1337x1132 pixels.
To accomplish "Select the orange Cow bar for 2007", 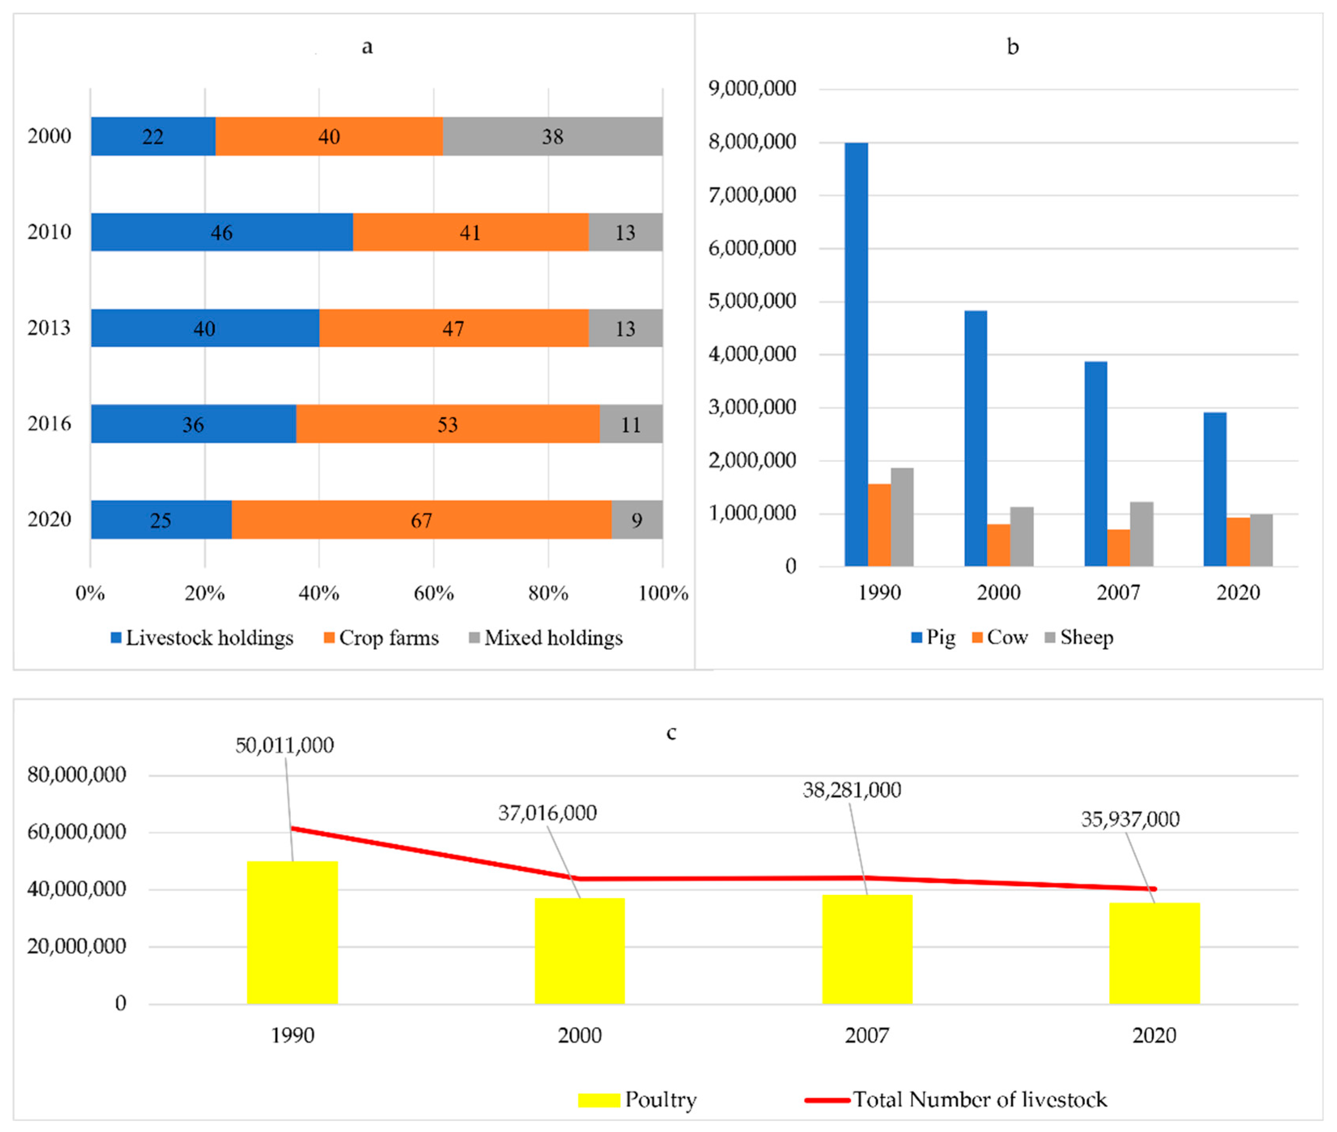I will point(1118,548).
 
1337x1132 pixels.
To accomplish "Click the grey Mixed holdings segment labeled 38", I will point(552,136).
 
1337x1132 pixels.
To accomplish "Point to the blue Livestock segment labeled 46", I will point(221,232).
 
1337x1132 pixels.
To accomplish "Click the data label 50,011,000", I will point(284,745).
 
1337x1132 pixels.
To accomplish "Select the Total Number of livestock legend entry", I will point(956,1099).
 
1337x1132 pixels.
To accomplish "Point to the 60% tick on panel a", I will point(434,593).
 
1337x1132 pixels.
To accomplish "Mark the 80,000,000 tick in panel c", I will point(77,775).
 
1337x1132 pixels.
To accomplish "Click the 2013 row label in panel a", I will point(49,328).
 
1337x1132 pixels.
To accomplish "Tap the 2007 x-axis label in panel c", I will point(867,1035).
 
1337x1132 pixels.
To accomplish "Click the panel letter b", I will point(1012,47).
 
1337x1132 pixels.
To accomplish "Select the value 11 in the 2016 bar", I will point(631,424).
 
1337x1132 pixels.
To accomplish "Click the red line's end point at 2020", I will point(1154,889).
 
